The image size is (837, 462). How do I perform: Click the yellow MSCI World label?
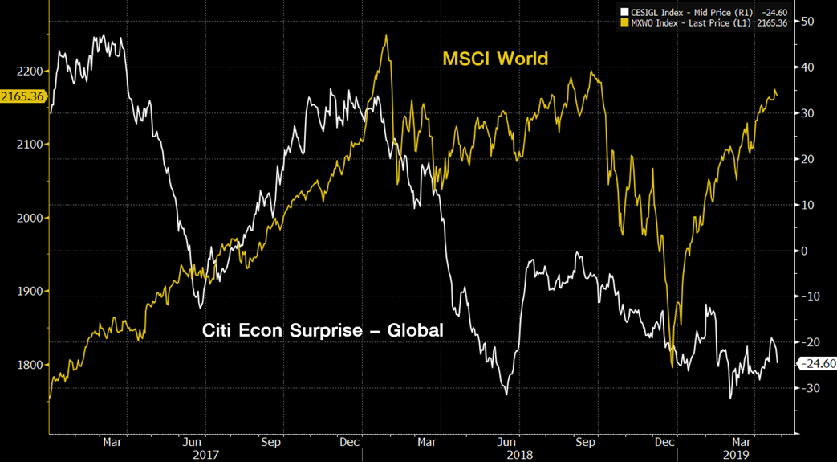tap(495, 59)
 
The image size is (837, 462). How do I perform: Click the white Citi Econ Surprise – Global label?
tap(323, 330)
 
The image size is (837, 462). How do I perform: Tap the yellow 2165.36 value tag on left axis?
tap(22, 96)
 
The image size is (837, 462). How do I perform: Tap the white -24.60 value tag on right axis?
tap(816, 364)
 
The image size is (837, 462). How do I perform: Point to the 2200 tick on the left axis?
tap(28, 72)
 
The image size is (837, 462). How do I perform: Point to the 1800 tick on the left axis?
tap(28, 365)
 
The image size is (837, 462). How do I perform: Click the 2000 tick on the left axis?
tap(28, 218)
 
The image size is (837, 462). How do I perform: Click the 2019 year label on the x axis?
tap(737, 454)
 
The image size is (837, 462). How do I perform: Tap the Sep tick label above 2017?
tap(270, 441)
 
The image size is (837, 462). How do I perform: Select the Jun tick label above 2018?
tap(506, 441)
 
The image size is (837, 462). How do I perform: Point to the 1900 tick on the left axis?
tap(28, 292)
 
